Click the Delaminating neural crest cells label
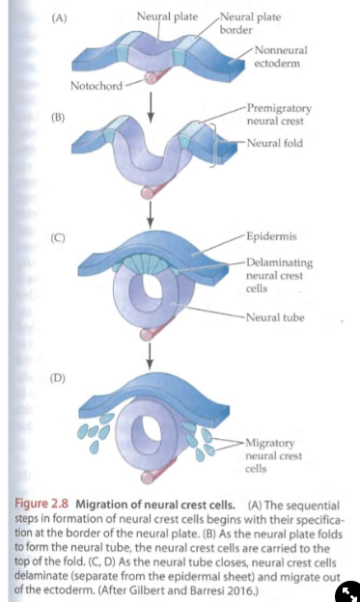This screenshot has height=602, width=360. point(279,274)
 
